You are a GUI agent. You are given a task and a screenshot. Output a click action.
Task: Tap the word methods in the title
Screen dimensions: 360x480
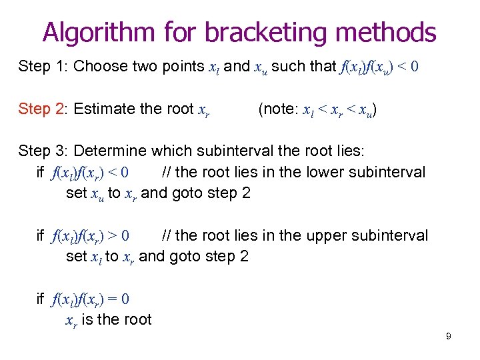pos(387,31)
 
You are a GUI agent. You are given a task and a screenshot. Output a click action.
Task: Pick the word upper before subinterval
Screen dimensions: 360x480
pos(327,235)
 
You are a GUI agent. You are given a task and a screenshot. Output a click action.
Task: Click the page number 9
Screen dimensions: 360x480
pos(449,336)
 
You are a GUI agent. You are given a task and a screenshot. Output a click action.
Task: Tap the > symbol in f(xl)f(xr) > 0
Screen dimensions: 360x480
pos(111,236)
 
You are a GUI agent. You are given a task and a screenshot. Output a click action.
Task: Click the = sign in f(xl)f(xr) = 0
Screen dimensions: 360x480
pos(111,299)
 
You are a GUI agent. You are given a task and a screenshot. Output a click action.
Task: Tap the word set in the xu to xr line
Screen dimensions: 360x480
pos(76,193)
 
